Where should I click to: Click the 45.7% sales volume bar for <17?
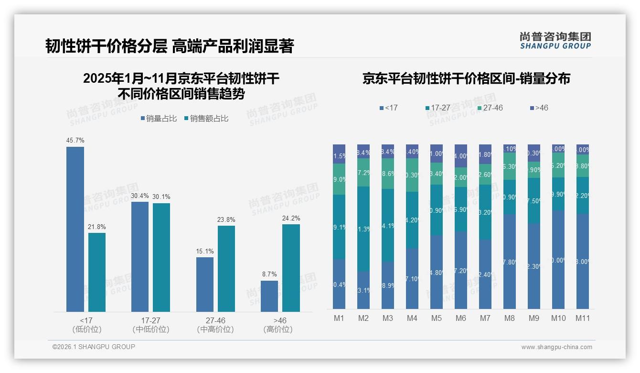click(75, 229)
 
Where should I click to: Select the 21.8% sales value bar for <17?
click(97, 272)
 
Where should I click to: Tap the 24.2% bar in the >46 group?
click(291, 268)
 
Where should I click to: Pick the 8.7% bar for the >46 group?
click(269, 296)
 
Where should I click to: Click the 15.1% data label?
click(205, 251)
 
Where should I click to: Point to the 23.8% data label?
click(226, 219)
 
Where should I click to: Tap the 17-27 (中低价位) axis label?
click(150, 325)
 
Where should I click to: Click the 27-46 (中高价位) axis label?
click(215, 325)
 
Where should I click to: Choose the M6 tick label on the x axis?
click(461, 318)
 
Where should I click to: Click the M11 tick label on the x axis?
click(582, 318)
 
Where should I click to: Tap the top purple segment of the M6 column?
click(461, 156)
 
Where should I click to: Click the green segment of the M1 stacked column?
click(339, 179)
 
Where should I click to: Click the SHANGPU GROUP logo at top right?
click(555, 41)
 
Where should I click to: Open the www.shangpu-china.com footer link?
click(556, 347)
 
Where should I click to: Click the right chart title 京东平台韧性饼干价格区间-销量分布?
click(466, 79)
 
